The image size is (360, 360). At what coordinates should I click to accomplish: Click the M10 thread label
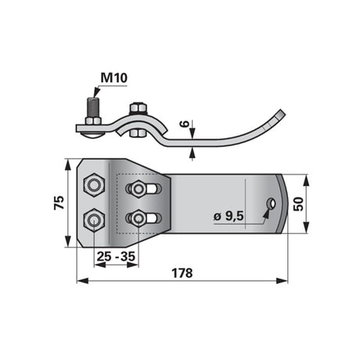[114, 77]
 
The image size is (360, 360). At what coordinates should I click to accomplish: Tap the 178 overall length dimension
[182, 273]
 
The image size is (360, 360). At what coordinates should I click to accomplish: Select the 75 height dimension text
[59, 203]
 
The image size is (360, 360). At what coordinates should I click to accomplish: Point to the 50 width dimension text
[298, 204]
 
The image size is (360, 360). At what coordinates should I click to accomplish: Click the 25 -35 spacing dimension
[116, 257]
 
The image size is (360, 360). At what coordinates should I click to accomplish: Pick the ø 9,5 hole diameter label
[229, 216]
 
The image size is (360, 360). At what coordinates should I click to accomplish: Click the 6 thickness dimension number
[184, 124]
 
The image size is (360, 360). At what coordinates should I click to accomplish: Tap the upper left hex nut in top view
[94, 185]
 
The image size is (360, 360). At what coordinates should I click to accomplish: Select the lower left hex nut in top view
[94, 221]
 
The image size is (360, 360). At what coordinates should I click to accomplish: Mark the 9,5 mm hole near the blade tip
[272, 203]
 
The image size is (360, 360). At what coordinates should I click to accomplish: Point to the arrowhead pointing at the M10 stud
[96, 92]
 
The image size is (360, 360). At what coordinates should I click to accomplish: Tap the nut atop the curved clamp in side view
[137, 109]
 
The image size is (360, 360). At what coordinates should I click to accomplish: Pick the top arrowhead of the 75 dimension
[67, 165]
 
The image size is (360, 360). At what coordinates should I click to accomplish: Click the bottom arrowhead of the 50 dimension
[306, 227]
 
